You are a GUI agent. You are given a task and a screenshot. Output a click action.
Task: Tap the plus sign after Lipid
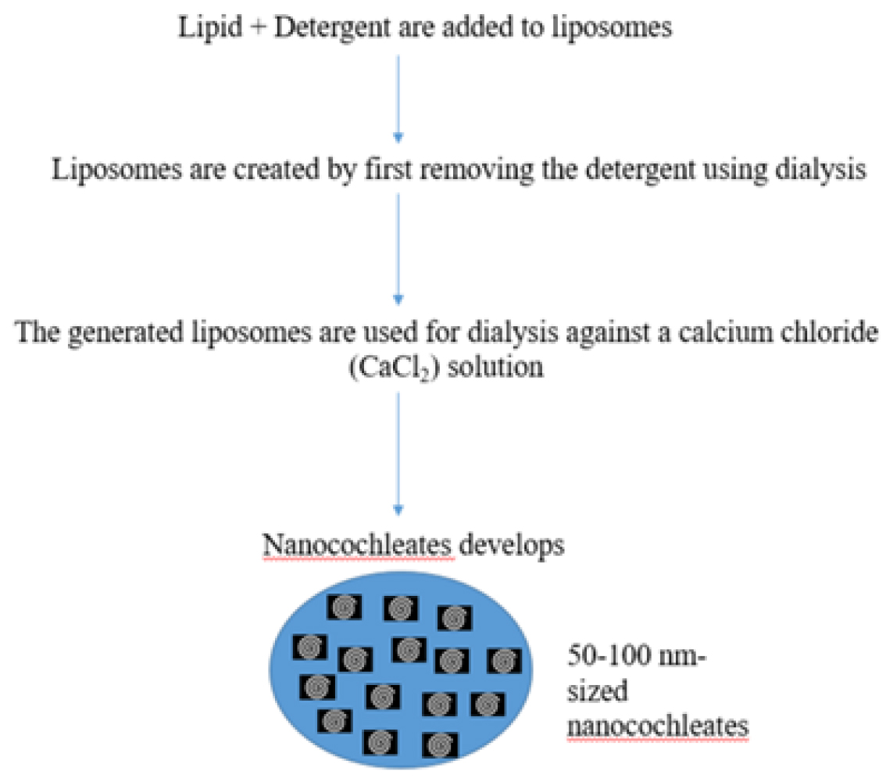tap(258, 27)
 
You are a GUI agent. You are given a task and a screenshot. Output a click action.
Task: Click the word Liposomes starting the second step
tap(116, 170)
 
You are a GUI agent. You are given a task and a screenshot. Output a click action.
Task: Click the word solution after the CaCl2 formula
tap(495, 367)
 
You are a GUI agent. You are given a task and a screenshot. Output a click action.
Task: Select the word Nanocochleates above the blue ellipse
tap(357, 546)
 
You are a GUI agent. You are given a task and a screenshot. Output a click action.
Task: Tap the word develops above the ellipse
tap(512, 546)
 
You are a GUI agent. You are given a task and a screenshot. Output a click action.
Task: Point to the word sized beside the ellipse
tap(598, 691)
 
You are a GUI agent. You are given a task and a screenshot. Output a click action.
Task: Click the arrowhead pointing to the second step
tap(398, 138)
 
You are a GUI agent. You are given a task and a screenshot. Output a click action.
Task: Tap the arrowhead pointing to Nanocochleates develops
tap(398, 510)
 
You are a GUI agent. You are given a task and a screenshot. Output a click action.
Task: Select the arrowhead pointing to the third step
tap(398, 300)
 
